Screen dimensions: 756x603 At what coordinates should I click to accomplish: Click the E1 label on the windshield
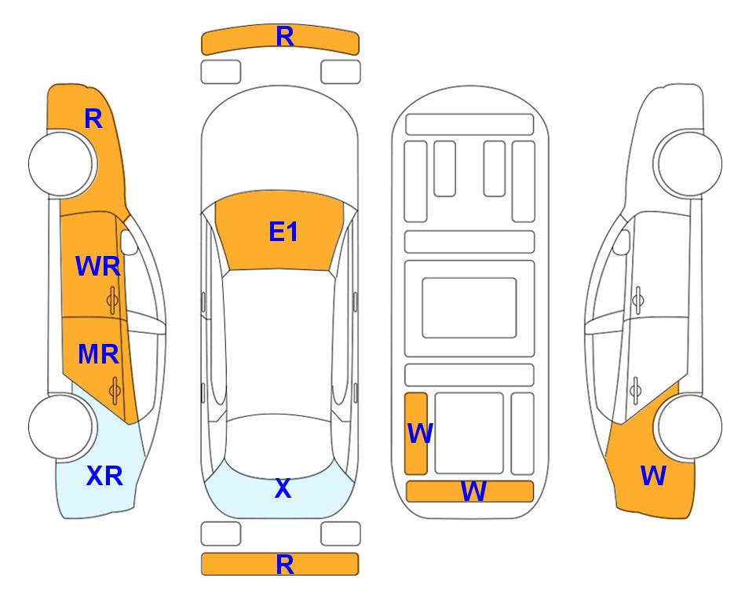pyautogui.click(x=283, y=232)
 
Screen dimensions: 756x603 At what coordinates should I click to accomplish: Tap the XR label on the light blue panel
pyautogui.click(x=104, y=476)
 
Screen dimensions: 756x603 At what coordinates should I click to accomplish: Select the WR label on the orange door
pyautogui.click(x=98, y=266)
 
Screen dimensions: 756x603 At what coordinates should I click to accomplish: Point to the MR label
pyautogui.click(x=98, y=354)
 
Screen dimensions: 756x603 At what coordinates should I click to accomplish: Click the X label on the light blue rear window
pyautogui.click(x=283, y=488)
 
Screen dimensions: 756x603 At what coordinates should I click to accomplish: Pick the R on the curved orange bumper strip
pyautogui.click(x=285, y=37)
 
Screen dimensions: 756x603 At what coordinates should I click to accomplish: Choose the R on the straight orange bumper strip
pyautogui.click(x=285, y=565)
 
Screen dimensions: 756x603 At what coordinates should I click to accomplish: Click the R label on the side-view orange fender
pyautogui.click(x=93, y=119)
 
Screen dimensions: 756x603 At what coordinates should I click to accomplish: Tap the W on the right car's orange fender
pyautogui.click(x=653, y=476)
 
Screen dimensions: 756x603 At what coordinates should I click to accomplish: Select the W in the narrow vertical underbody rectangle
pyautogui.click(x=420, y=433)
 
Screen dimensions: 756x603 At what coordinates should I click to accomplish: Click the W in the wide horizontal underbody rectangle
pyautogui.click(x=473, y=492)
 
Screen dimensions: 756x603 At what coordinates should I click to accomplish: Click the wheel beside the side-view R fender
pyautogui.click(x=62, y=164)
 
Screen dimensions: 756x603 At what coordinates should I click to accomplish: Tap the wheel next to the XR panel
pyautogui.click(x=61, y=426)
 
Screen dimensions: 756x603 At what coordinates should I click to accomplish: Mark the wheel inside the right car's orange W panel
pyautogui.click(x=689, y=426)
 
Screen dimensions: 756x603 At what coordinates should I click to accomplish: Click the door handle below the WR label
pyautogui.click(x=112, y=301)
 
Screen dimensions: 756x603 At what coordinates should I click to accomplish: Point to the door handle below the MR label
pyautogui.click(x=115, y=391)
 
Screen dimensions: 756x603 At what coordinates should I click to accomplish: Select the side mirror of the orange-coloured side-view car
pyautogui.click(x=128, y=242)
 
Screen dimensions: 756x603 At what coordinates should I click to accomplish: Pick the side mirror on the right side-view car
pyautogui.click(x=622, y=242)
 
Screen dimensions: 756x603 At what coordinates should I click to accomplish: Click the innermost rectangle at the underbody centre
pyautogui.click(x=469, y=308)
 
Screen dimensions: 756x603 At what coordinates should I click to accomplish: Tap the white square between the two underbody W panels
pyautogui.click(x=469, y=433)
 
